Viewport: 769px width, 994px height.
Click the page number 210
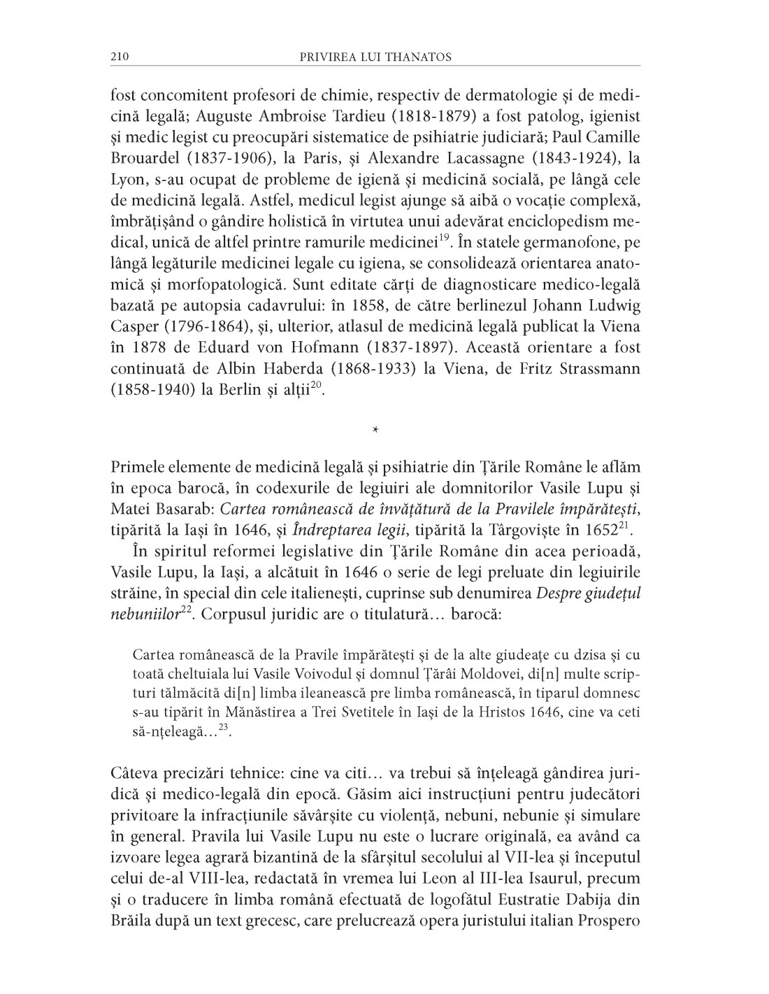point(120,56)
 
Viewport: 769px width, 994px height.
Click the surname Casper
point(132,327)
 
